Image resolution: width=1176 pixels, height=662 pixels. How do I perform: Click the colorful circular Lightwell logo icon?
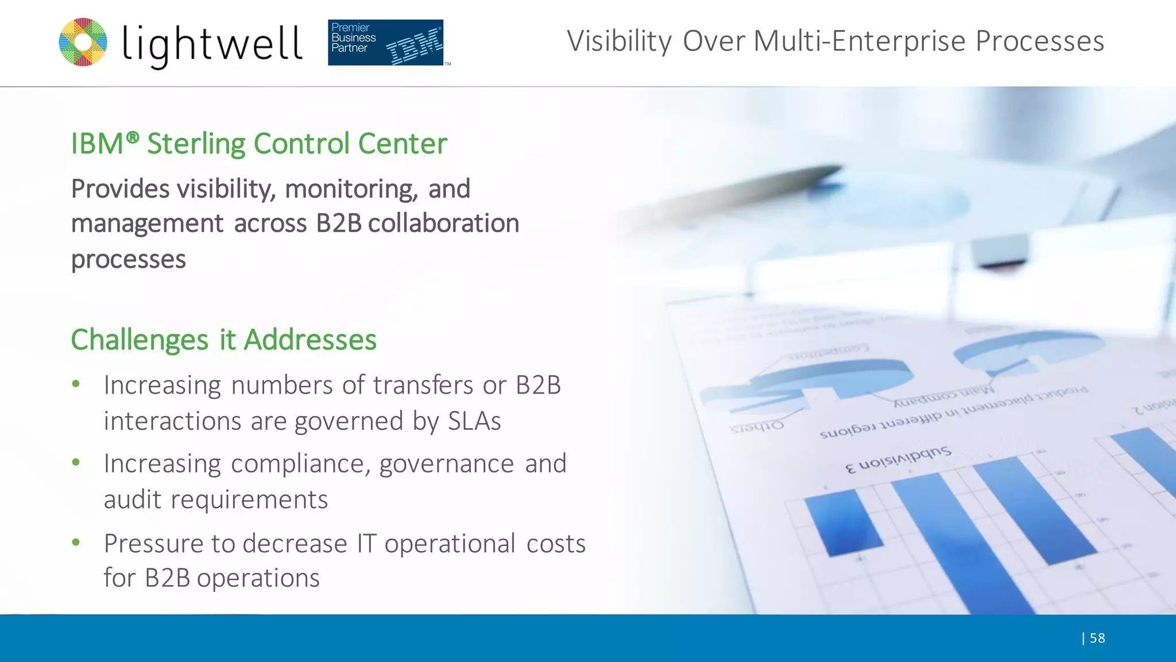click(x=83, y=42)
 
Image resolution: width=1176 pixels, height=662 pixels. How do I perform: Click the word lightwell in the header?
click(x=212, y=45)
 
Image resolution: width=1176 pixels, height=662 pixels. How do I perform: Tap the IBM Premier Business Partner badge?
click(x=386, y=43)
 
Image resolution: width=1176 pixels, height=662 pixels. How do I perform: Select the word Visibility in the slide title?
click(x=619, y=41)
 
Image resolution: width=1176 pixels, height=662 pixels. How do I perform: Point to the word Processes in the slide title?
click(x=1040, y=41)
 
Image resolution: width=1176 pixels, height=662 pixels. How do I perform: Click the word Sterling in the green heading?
click(x=196, y=144)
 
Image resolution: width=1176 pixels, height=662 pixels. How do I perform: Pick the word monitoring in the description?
click(x=351, y=189)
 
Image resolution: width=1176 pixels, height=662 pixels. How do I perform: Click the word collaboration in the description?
click(x=443, y=223)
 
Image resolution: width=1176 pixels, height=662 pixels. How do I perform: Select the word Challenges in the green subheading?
click(x=140, y=340)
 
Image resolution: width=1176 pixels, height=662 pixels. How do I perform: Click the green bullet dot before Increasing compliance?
click(x=76, y=463)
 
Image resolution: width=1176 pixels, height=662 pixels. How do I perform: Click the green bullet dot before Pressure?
click(x=76, y=542)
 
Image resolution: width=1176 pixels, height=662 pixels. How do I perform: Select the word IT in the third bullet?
click(x=366, y=544)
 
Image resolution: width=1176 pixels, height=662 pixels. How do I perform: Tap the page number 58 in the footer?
click(x=1097, y=638)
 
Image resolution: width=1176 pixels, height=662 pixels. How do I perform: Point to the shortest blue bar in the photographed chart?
click(x=842, y=523)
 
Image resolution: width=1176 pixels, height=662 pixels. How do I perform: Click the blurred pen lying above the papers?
click(x=746, y=195)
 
